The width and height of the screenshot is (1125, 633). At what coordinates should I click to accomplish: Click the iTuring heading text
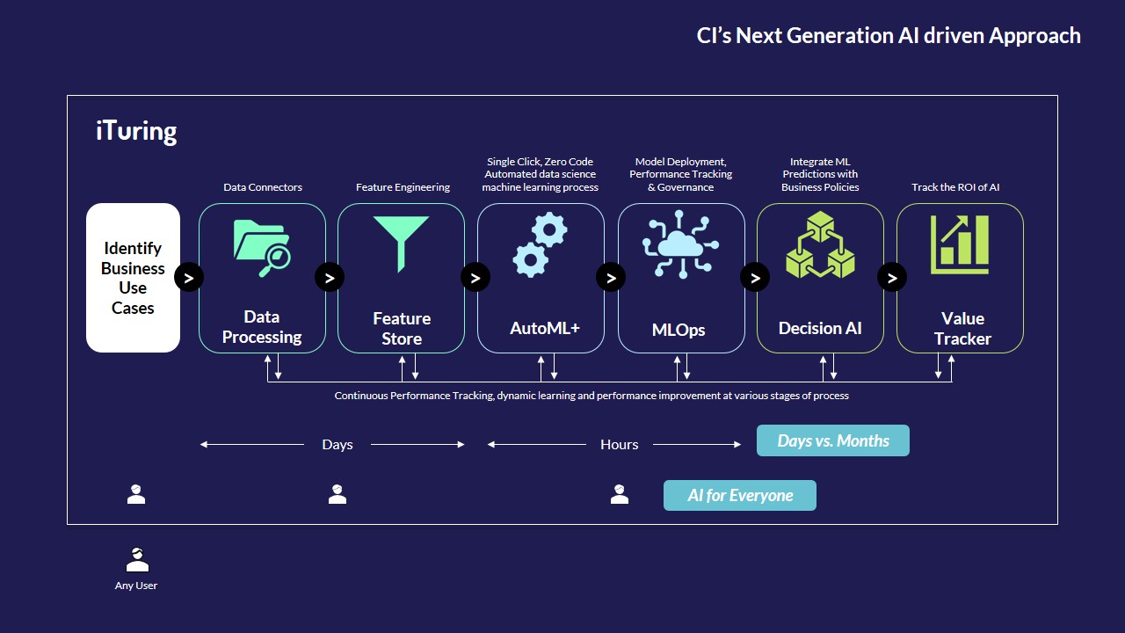point(136,131)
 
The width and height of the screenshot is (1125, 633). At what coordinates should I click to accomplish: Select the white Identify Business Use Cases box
point(133,278)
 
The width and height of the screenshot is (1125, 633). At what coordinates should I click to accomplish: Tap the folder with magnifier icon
point(262,248)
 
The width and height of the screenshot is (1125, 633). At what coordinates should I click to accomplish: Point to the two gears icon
point(540,244)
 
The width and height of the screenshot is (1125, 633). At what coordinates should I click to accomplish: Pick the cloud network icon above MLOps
point(680,244)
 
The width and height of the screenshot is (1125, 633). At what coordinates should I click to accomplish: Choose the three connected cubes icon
point(820,244)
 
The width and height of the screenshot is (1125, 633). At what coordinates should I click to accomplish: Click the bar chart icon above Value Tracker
point(960,244)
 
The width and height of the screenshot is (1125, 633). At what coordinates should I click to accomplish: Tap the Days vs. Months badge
point(832,440)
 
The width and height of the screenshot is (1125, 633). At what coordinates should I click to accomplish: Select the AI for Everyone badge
point(740,495)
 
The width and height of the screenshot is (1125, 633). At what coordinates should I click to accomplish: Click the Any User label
point(136,586)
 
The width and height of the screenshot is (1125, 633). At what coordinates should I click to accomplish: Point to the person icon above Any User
point(137,560)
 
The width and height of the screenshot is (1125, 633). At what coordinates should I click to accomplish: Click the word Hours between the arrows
point(620,445)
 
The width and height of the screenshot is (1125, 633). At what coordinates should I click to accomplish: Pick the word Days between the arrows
point(337,445)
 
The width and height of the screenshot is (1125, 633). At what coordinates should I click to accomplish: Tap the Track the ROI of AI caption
point(955,187)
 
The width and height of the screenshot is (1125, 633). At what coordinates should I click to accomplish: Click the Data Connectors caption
point(263,187)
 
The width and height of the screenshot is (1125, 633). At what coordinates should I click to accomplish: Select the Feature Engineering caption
point(403,187)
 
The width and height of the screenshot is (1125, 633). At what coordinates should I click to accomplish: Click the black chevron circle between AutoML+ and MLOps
point(611,277)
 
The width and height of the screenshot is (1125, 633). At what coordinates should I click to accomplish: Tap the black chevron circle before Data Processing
point(189,277)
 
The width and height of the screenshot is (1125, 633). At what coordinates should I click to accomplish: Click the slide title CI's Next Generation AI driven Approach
point(889,36)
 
